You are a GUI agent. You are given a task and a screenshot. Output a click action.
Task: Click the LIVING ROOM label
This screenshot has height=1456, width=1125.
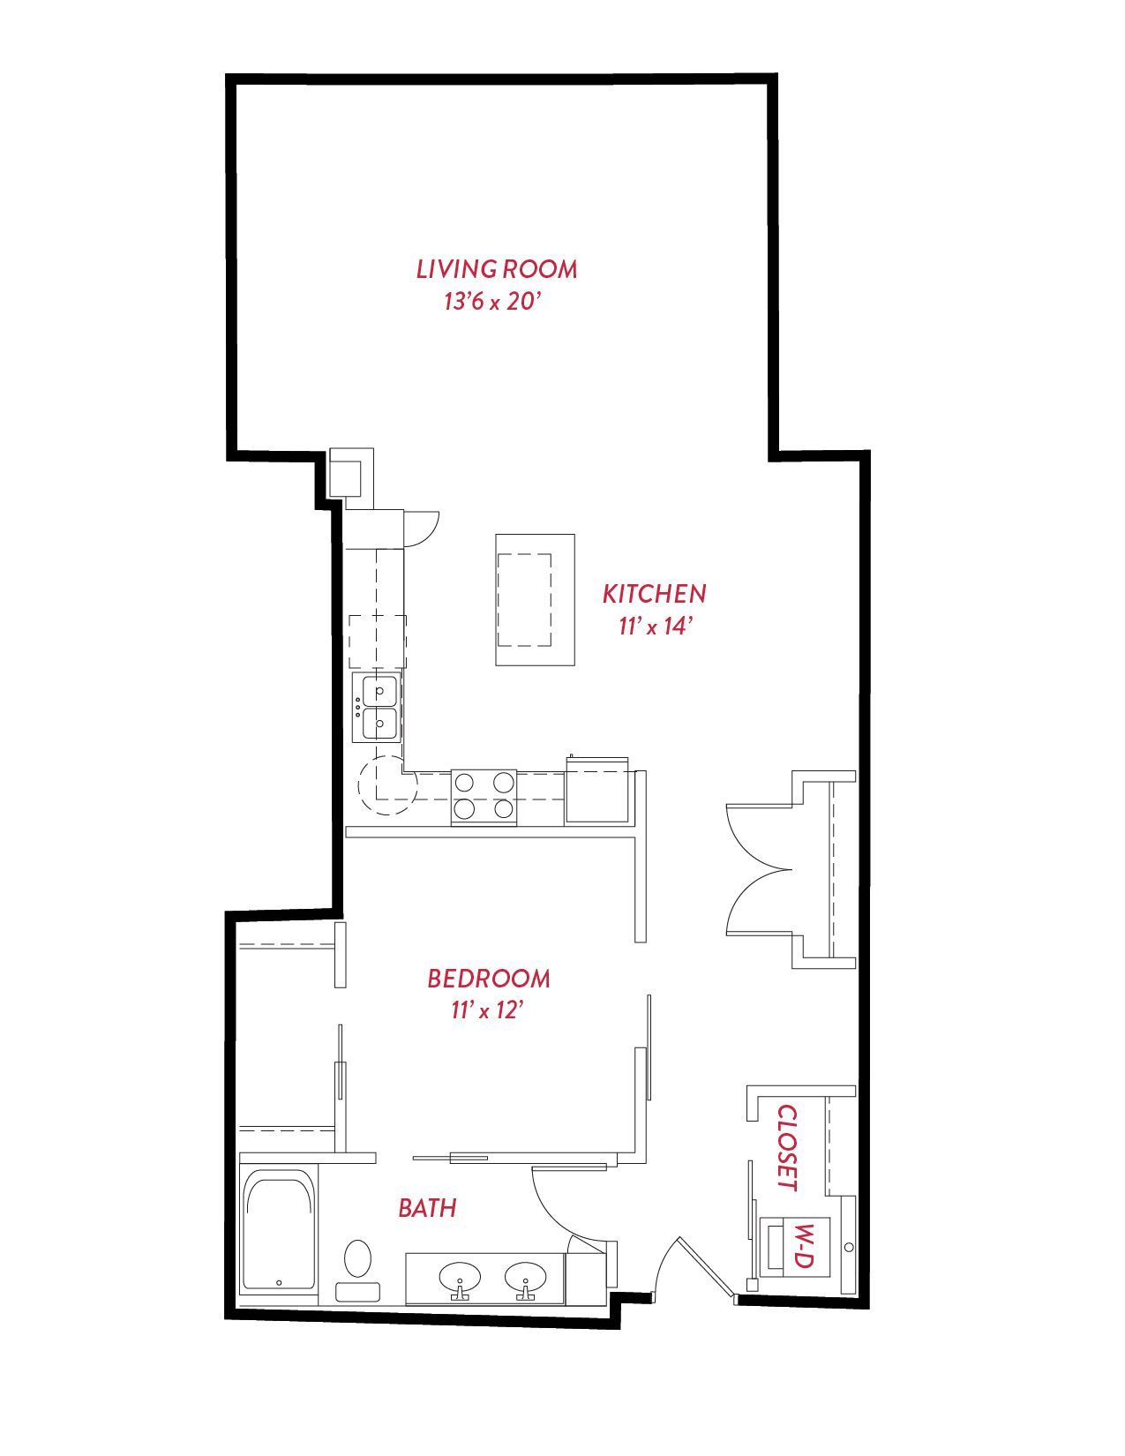pos(497,269)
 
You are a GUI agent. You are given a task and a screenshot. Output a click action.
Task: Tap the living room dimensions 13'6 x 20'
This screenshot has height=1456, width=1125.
pos(491,302)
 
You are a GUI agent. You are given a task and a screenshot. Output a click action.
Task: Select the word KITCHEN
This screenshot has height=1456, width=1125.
pos(654,594)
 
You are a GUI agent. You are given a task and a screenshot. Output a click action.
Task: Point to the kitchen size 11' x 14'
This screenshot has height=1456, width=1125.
pos(654,627)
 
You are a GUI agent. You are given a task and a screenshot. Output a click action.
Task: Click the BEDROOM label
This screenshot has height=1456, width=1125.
pos(489,979)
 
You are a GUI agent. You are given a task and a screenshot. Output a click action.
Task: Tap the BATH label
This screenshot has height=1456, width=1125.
pos(427,1208)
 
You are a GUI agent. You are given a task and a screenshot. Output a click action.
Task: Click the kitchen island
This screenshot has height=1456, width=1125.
pos(535,600)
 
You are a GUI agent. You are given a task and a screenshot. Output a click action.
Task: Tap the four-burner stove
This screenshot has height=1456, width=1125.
pos(484,798)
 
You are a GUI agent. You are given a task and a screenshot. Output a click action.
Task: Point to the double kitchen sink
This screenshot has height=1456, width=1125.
pos(377,707)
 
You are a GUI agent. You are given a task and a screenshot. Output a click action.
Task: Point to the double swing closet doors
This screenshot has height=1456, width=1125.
pos(760,870)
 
